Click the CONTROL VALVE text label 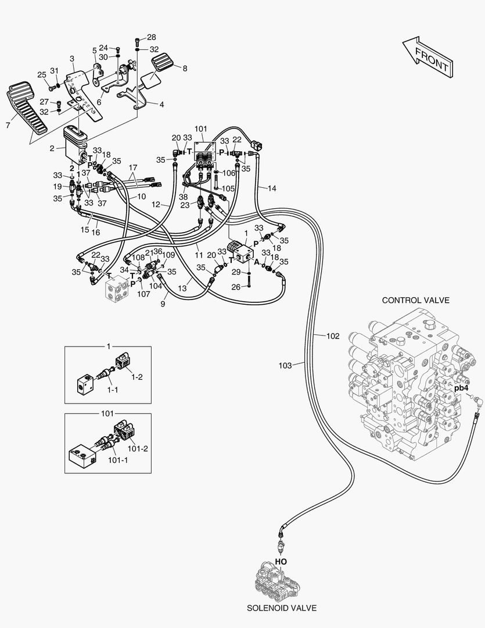[x=415, y=300]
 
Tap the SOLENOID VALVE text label [x=282, y=608]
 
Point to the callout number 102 [x=333, y=336]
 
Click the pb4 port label [x=461, y=388]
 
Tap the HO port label [x=281, y=562]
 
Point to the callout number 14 [x=272, y=188]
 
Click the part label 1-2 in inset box [x=136, y=377]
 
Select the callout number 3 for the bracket [x=72, y=59]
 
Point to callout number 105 [x=228, y=189]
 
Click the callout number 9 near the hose [x=163, y=303]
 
